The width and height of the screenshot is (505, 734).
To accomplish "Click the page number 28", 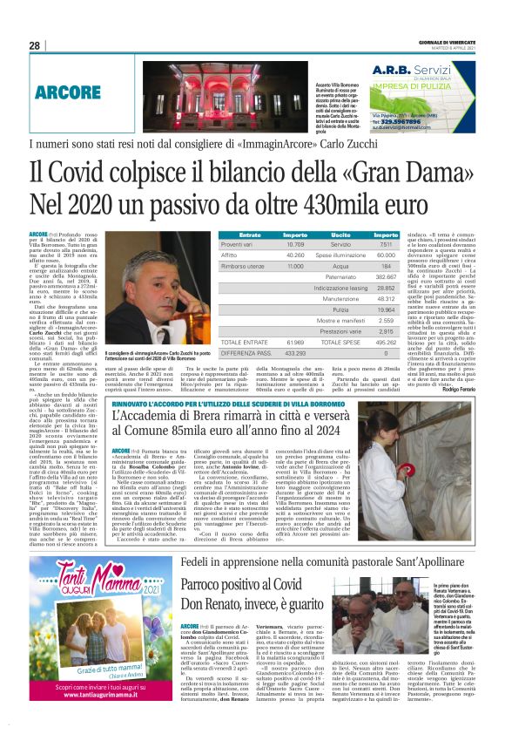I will (35, 45).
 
